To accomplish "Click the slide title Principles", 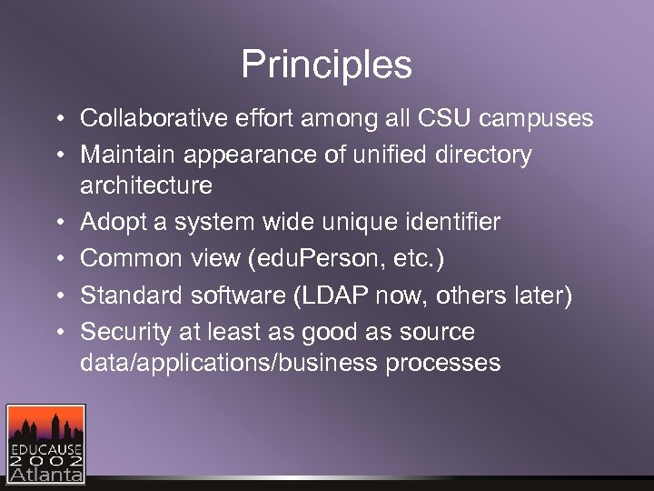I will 326,65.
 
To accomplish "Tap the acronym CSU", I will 441,118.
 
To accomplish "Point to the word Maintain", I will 128,155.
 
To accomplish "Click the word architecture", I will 146,186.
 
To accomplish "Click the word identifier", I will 444,223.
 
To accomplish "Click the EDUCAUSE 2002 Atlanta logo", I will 45,443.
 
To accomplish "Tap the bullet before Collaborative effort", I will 57,119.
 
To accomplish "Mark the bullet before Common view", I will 57,259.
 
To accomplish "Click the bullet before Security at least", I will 57,332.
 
